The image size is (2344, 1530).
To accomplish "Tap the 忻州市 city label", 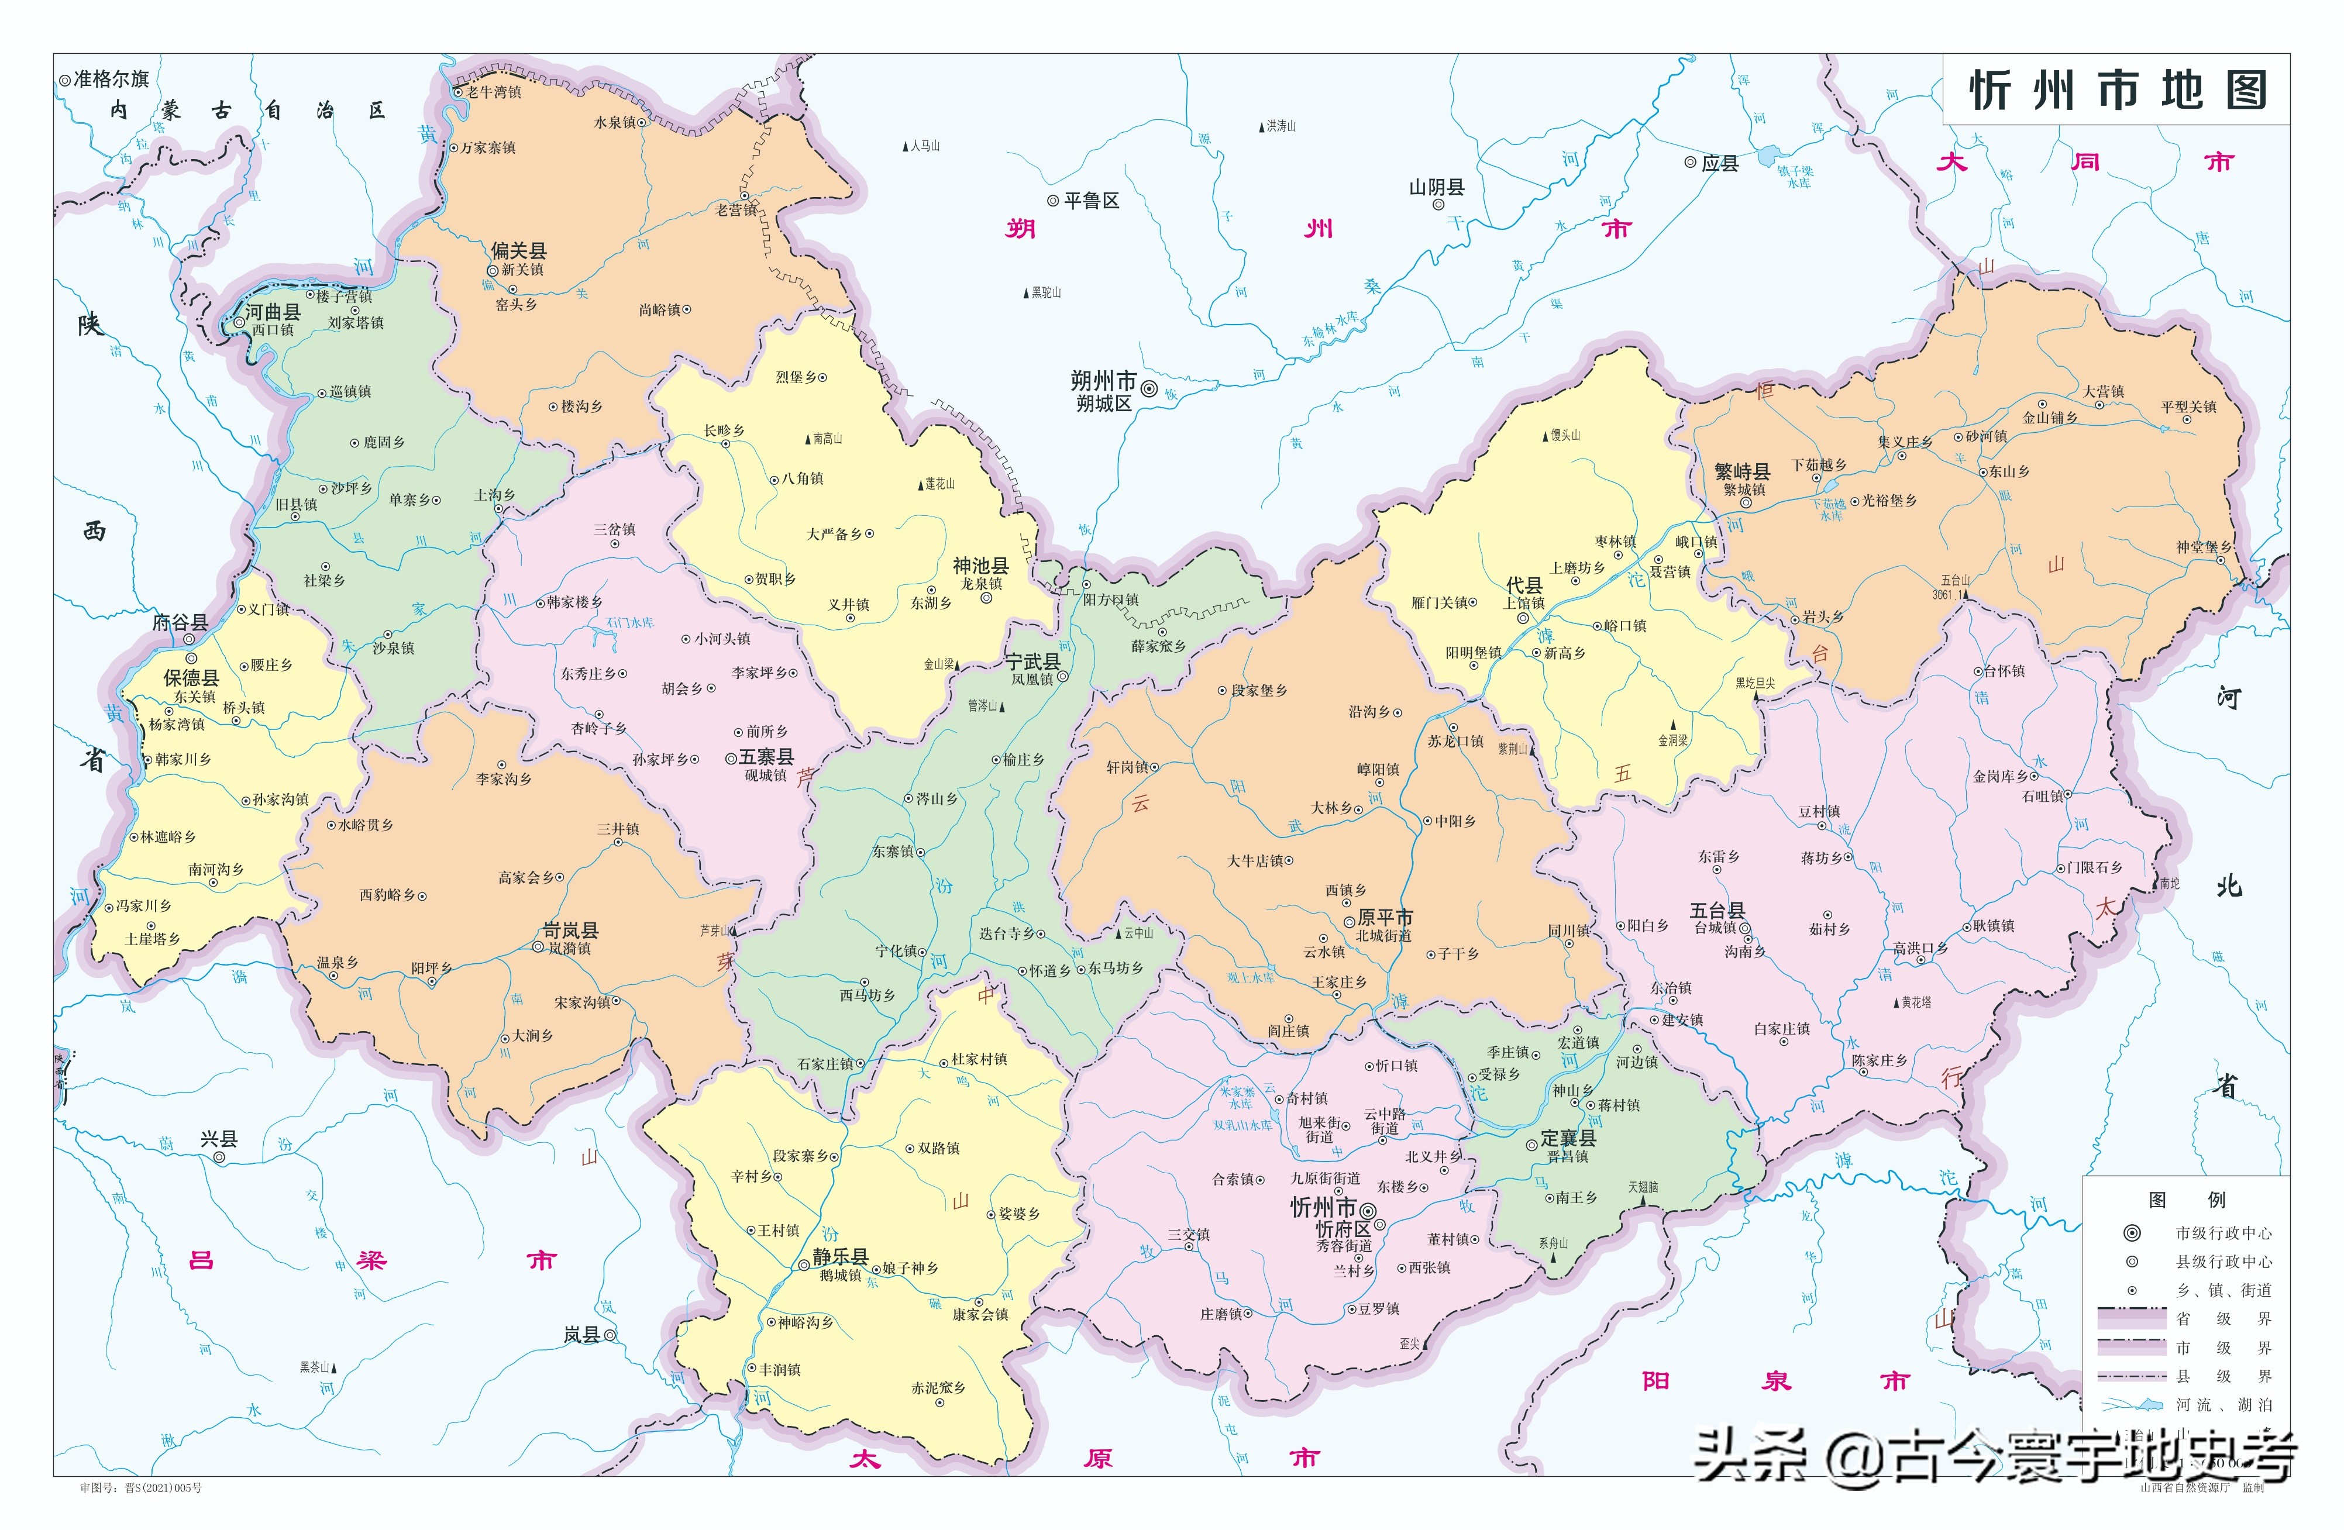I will click(1323, 1207).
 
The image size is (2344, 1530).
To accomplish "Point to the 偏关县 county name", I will click(518, 250).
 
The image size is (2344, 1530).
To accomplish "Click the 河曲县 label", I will click(273, 312).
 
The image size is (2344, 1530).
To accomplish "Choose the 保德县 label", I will click(191, 677).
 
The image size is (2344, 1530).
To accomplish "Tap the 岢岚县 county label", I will click(570, 929).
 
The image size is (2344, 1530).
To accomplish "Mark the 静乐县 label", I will click(839, 1256).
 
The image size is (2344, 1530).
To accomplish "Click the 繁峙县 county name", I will click(1741, 471).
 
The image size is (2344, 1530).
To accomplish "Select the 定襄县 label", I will click(1568, 1137).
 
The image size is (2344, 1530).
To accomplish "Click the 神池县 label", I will click(980, 565).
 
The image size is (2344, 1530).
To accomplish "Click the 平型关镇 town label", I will click(2188, 406).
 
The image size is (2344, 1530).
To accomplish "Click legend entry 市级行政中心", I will click(2223, 1233).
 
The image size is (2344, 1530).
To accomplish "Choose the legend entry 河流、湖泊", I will click(2223, 1404).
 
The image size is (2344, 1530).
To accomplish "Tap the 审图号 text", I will click(140, 1488).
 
